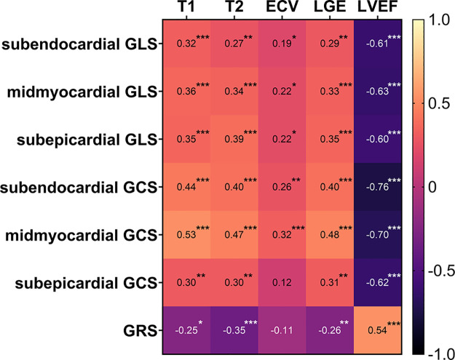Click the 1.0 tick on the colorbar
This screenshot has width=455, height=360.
(x=436, y=21)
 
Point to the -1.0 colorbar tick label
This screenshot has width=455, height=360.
(x=436, y=351)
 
